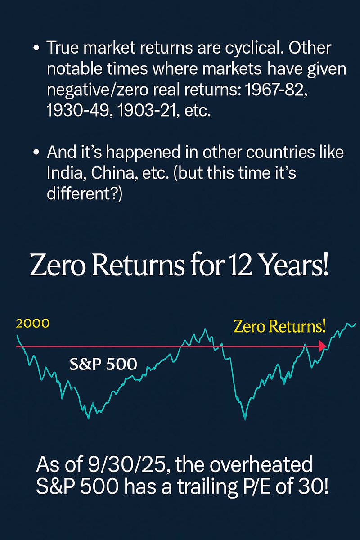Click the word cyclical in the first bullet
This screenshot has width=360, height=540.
click(245, 48)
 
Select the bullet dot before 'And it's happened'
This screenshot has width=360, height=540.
click(36, 153)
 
